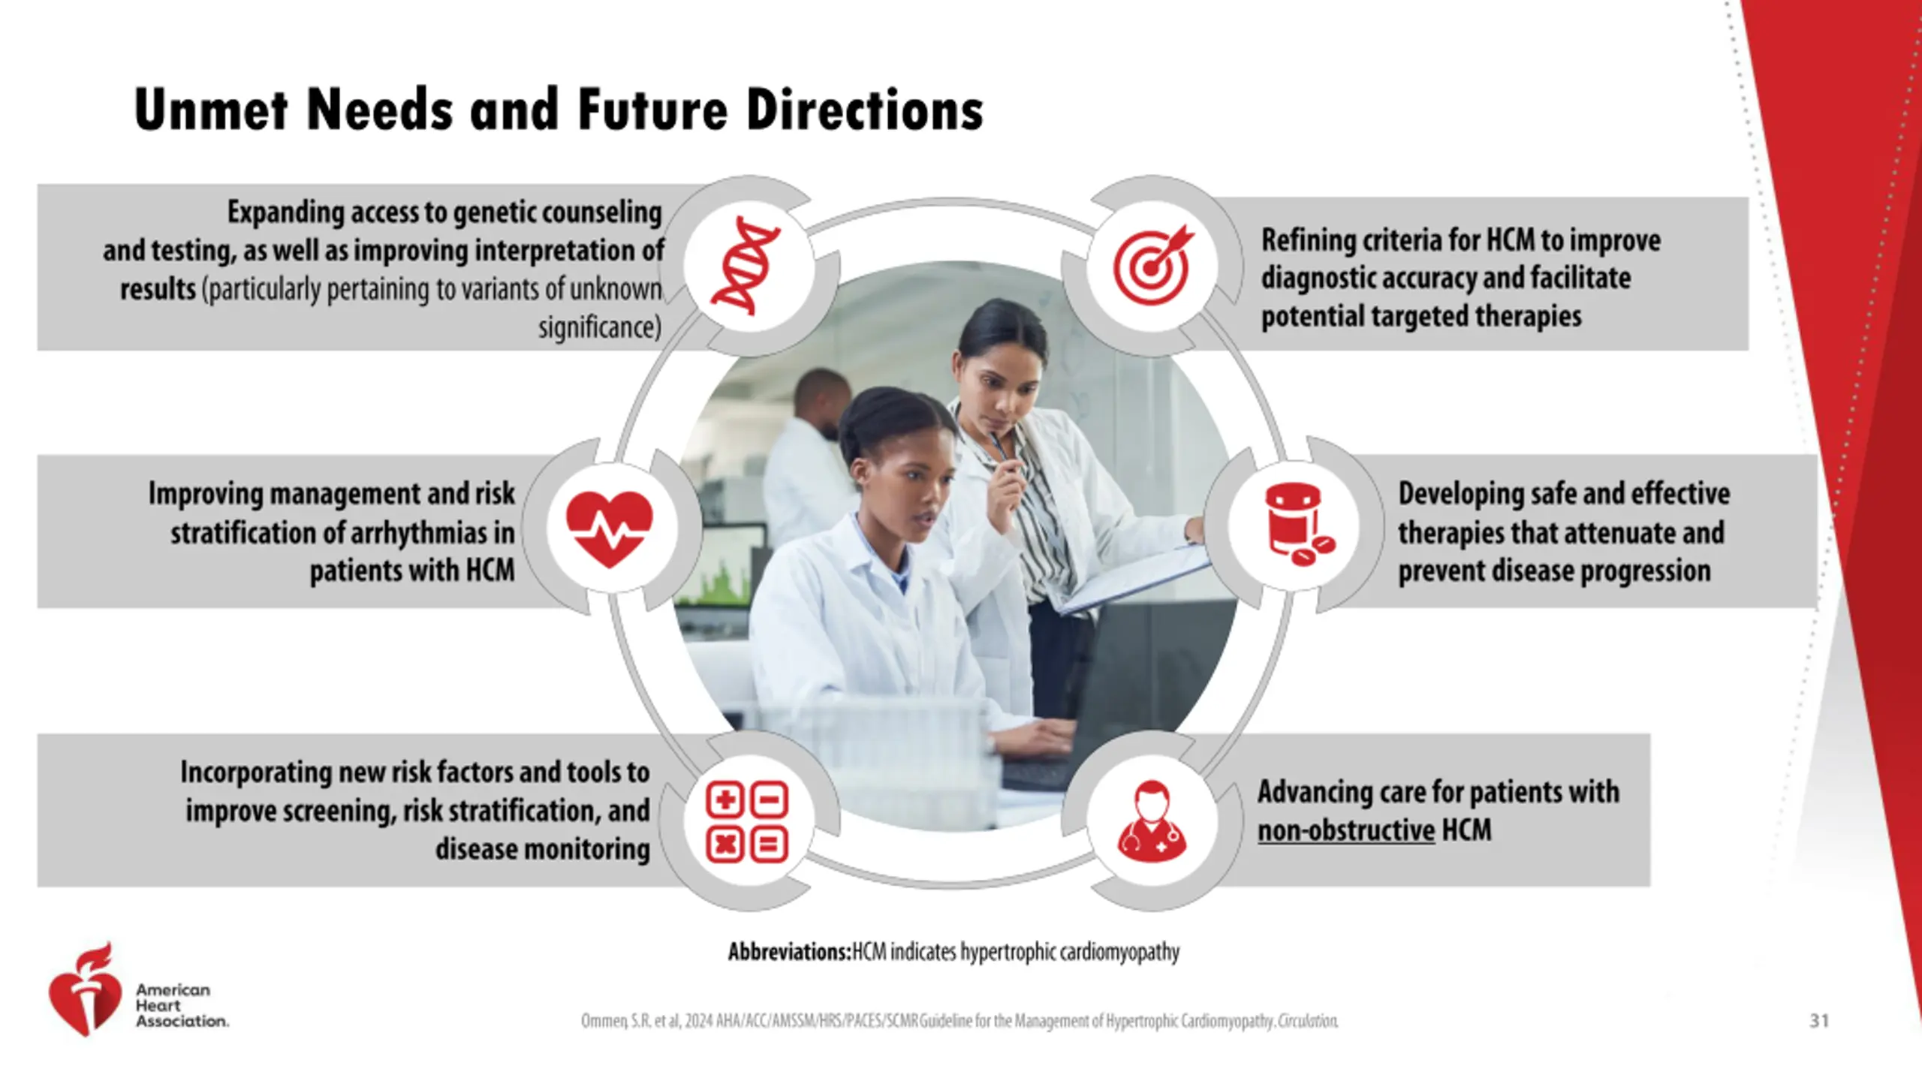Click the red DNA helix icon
tap(746, 265)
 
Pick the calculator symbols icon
tap(747, 821)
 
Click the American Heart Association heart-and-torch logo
tap(85, 989)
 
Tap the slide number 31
tap(1819, 1020)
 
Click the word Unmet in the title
tap(211, 110)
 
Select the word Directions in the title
tap(864, 110)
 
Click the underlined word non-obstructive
tap(1346, 830)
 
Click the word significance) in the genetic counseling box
tap(600, 327)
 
